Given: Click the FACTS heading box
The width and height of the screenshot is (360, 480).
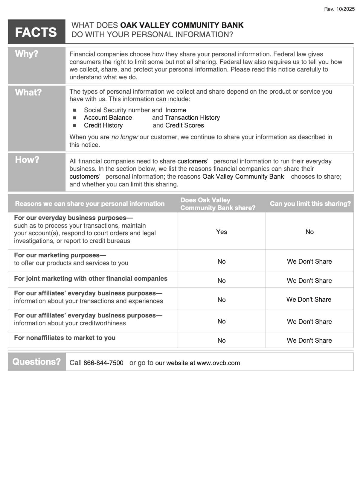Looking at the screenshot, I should (36, 32).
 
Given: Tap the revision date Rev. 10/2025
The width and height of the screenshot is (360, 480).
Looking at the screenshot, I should (339, 9).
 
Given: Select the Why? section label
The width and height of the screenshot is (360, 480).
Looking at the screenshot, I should (27, 54).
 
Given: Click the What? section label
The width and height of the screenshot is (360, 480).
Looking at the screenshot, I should (28, 92).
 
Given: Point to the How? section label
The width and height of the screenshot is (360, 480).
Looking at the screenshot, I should (27, 160).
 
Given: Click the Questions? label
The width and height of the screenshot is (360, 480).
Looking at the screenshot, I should (36, 362).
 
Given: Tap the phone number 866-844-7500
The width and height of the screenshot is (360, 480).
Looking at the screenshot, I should (103, 363).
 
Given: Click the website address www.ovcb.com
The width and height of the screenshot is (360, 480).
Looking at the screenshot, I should (218, 363).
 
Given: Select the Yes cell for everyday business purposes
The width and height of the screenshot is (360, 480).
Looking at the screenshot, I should (222, 232).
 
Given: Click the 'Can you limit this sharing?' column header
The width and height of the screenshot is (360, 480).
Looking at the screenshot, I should (310, 204).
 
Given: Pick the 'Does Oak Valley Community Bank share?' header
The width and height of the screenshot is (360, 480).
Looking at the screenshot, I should (218, 204).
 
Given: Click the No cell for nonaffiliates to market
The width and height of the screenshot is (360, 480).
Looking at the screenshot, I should (222, 341).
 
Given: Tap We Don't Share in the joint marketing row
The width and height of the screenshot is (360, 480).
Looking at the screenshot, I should (309, 281).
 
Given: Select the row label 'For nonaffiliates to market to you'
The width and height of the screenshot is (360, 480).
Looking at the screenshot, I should (65, 338).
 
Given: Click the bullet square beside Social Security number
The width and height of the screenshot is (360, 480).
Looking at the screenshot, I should (74, 110).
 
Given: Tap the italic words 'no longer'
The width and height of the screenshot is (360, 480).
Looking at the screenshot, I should (125, 137).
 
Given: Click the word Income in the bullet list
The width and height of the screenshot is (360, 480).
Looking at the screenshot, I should (176, 110).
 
